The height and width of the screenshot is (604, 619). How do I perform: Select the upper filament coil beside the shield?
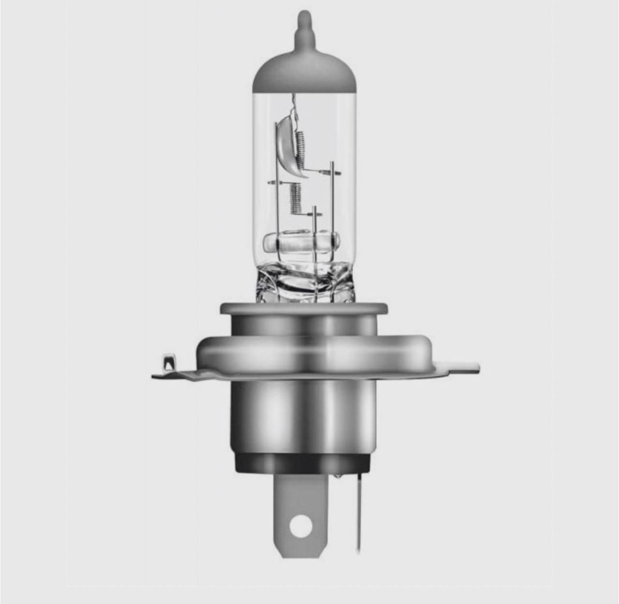301,147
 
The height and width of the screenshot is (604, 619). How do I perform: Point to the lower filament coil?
295,198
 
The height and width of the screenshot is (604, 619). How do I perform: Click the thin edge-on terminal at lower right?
359,512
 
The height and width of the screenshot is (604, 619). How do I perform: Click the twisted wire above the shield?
294,109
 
